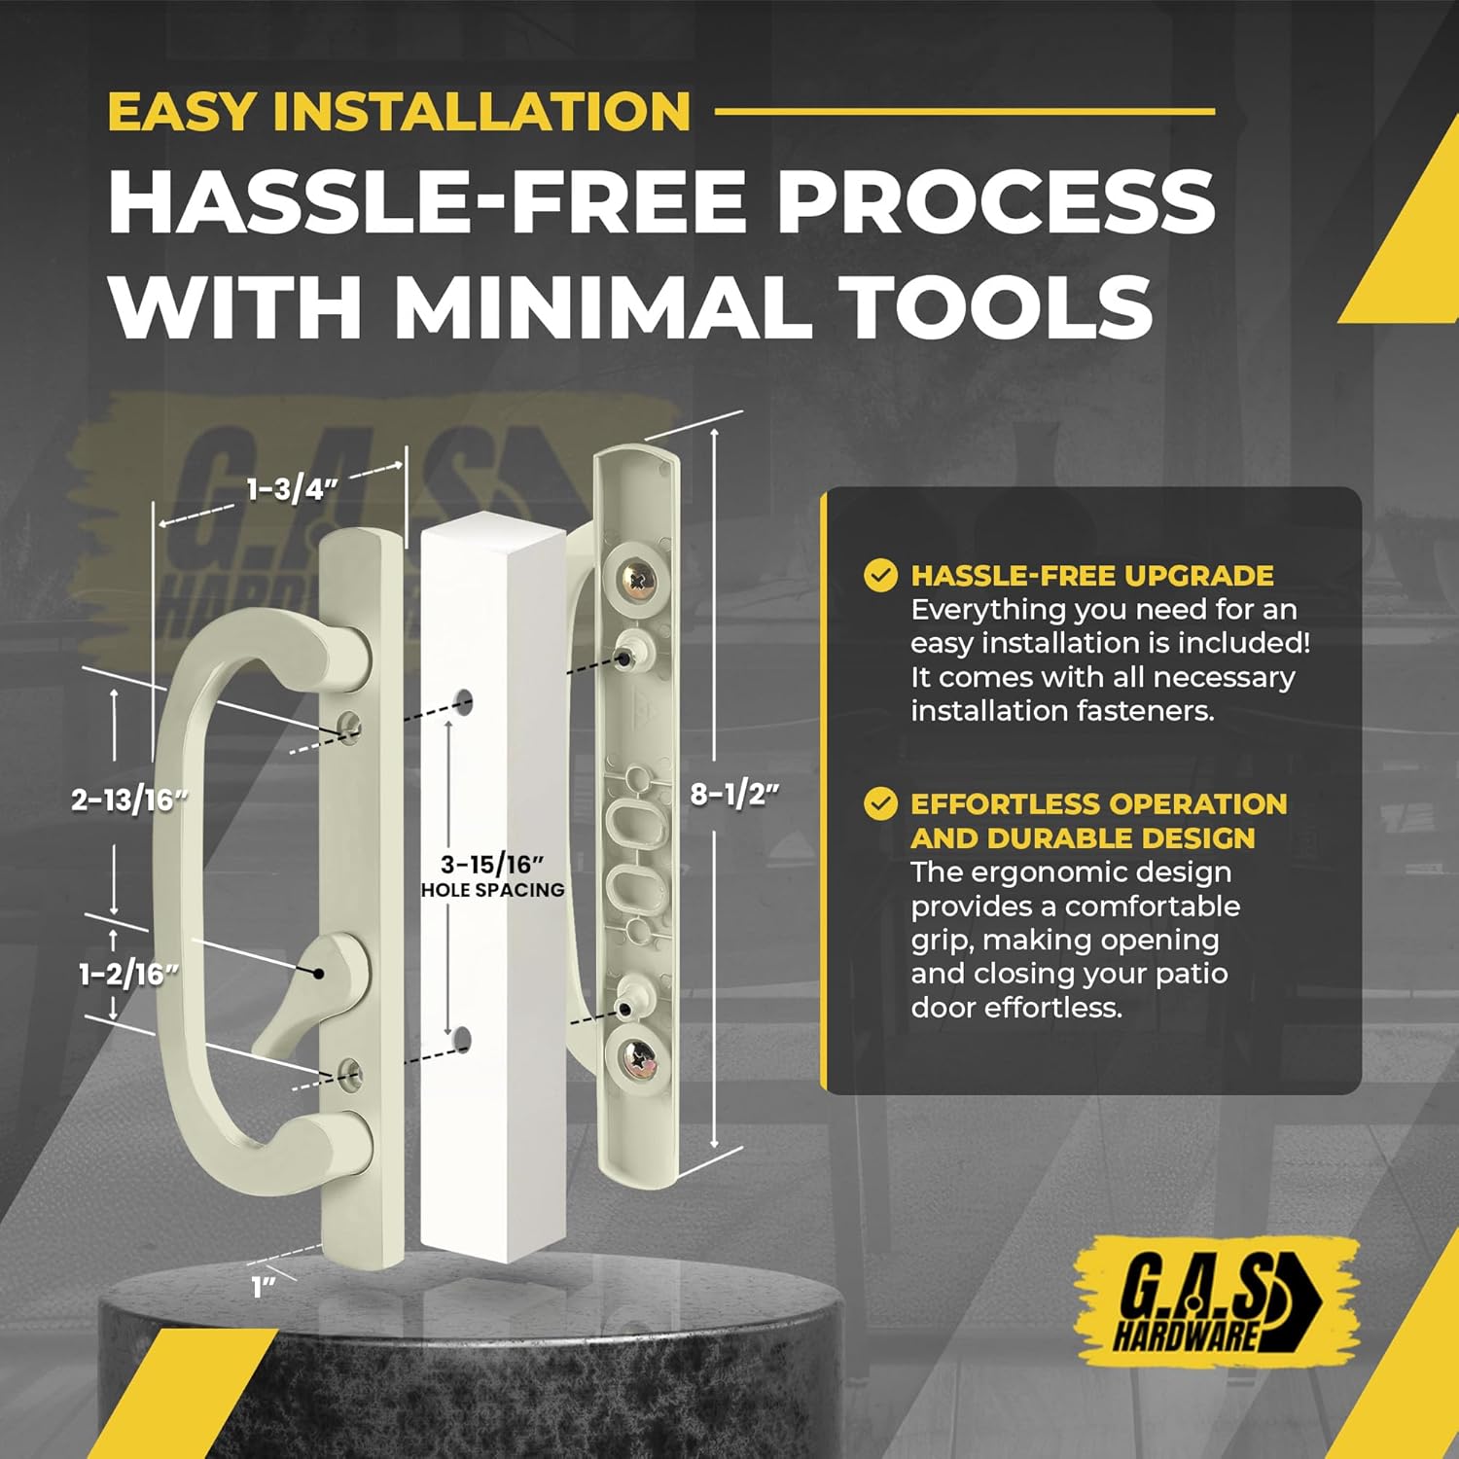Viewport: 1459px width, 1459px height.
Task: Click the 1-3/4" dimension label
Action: point(291,488)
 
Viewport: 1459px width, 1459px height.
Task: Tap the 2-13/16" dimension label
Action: point(129,800)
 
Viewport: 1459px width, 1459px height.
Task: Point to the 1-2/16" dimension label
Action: point(128,974)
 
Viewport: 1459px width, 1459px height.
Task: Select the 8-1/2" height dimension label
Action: point(734,794)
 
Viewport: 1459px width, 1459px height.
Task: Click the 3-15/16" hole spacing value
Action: point(491,864)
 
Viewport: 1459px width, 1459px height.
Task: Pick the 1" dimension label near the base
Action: point(264,1288)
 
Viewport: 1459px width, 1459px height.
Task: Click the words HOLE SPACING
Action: point(492,890)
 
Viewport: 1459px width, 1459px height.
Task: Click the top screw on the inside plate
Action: point(638,581)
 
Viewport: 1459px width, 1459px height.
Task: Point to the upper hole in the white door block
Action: point(464,700)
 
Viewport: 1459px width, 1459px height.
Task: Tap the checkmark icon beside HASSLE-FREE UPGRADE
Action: point(880,575)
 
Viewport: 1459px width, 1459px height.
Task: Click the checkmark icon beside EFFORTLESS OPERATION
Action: point(880,804)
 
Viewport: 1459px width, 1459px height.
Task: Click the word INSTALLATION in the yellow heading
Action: point(481,111)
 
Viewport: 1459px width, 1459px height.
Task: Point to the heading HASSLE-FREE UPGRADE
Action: point(1091,576)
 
